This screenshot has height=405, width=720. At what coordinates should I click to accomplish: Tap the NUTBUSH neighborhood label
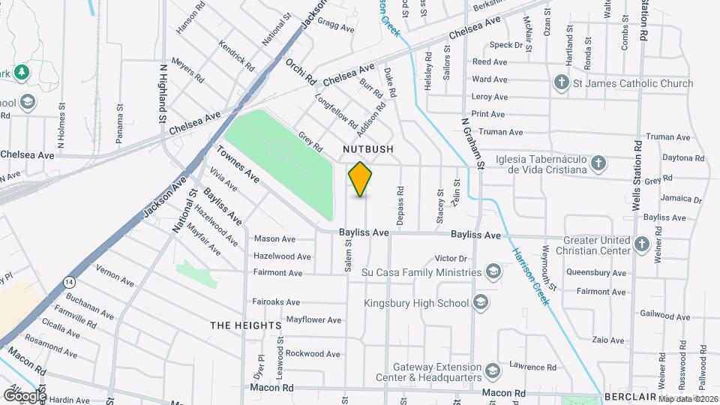click(x=368, y=150)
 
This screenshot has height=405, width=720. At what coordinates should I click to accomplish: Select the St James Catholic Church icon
click(x=561, y=83)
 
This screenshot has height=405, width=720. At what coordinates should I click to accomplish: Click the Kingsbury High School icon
click(x=481, y=303)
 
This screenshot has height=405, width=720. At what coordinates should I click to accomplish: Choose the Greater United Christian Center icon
click(x=641, y=243)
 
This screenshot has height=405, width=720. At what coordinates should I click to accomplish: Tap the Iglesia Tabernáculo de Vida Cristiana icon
click(x=598, y=163)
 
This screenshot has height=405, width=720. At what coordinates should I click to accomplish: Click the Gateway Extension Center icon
click(x=492, y=371)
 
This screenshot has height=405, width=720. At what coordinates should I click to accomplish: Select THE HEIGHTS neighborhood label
click(x=246, y=325)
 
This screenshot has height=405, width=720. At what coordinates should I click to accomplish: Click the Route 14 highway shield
click(x=70, y=281)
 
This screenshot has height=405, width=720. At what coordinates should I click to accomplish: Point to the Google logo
click(x=24, y=395)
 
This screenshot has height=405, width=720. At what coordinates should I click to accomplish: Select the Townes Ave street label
click(x=238, y=165)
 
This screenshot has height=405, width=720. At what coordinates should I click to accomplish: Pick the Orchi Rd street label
click(x=301, y=70)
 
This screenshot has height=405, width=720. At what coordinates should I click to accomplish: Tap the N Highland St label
click(x=162, y=93)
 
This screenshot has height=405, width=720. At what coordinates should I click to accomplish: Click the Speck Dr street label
click(x=507, y=45)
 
